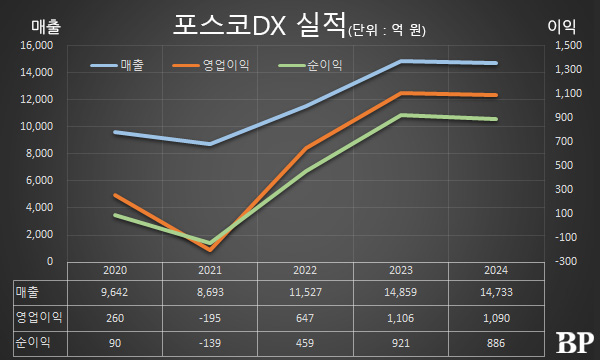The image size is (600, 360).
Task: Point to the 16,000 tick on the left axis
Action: click(x=35, y=46)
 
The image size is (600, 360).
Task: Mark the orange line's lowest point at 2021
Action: click(x=210, y=250)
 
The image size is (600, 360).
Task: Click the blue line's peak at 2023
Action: click(x=400, y=61)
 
